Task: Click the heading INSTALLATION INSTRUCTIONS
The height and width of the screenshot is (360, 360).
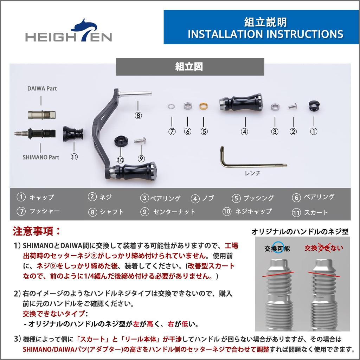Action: tap(265, 34)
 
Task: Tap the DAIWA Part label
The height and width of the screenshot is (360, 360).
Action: tap(42, 89)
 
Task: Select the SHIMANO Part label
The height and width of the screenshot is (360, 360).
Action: tap(41, 157)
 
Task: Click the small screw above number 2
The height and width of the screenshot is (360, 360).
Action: tap(293, 106)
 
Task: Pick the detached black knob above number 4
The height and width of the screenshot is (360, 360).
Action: tap(240, 102)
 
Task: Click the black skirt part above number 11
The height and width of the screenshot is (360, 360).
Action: tap(73, 134)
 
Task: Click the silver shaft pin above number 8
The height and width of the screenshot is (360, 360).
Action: tap(135, 94)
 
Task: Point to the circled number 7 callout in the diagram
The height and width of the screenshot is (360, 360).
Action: tap(172, 131)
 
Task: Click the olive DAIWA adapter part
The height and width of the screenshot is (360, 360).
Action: tap(41, 115)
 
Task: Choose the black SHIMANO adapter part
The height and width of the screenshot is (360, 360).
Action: tap(35, 133)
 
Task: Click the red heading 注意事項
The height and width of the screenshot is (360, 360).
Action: tap(37, 231)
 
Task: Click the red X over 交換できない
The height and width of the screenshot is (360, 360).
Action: tap(323, 248)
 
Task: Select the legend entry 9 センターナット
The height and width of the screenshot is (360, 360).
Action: tap(168, 212)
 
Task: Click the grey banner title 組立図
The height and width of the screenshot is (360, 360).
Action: tap(189, 67)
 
